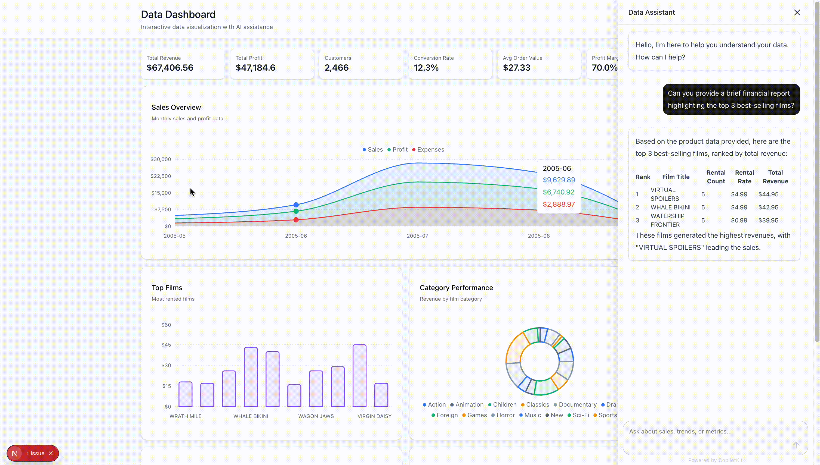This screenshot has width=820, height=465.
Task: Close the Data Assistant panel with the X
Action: click(797, 12)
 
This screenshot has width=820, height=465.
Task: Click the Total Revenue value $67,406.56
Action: click(170, 68)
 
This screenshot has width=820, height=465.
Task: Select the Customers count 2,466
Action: click(337, 68)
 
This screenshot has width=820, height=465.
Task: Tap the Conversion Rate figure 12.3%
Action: click(426, 68)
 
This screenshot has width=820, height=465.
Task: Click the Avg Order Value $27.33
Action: click(516, 68)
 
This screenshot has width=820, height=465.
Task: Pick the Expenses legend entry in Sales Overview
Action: click(428, 149)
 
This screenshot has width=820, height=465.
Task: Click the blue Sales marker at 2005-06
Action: click(296, 205)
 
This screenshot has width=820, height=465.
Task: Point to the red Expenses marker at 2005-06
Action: click(296, 220)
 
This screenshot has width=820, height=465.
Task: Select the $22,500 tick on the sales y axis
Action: click(161, 176)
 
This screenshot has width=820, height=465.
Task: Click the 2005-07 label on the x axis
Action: click(417, 236)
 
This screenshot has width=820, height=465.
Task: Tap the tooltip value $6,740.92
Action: click(558, 192)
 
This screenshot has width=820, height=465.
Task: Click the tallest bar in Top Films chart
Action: click(359, 376)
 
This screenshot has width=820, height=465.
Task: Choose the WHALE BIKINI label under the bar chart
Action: click(251, 416)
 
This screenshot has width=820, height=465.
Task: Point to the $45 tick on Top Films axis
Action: click(166, 345)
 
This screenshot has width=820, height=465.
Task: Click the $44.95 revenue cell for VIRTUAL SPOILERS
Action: click(768, 194)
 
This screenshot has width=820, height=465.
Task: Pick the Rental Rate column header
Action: click(744, 177)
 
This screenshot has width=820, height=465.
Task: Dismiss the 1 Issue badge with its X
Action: click(51, 453)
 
